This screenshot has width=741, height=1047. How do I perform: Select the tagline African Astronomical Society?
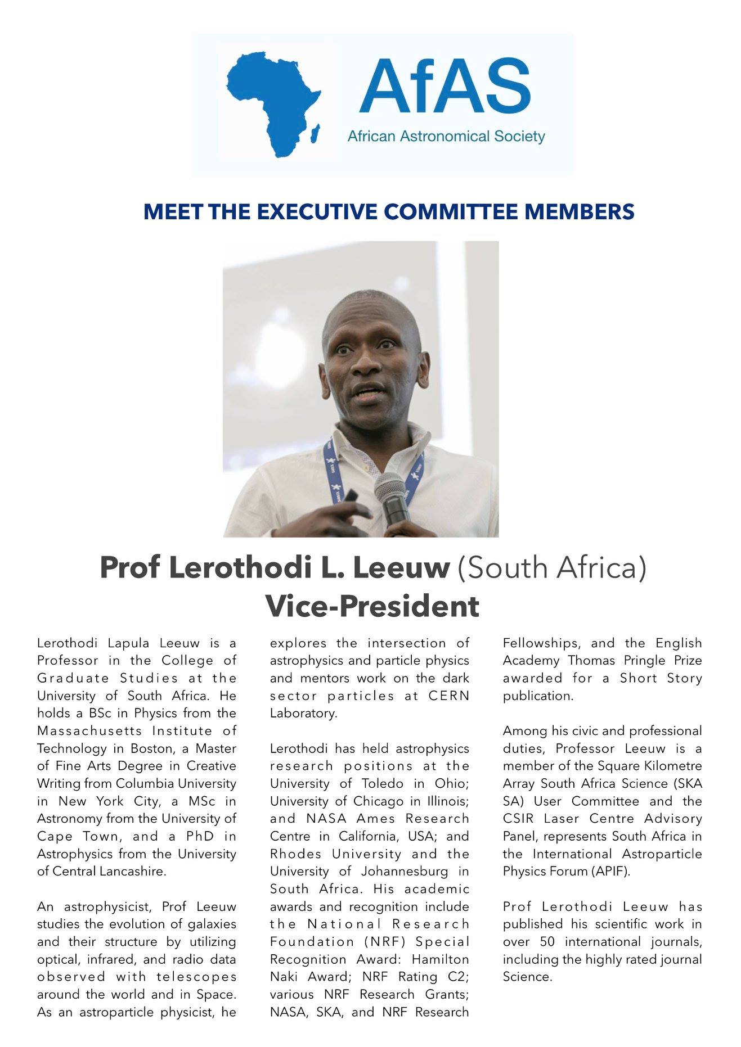[x=446, y=136]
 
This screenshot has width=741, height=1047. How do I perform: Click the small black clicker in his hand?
[x=351, y=496]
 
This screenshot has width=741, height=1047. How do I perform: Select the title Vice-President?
[x=372, y=606]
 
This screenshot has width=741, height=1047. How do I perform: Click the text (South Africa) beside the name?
[x=551, y=568]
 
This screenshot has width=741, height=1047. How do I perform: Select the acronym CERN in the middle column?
[x=448, y=696]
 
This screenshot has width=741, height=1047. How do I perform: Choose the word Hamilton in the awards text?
[x=440, y=959]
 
